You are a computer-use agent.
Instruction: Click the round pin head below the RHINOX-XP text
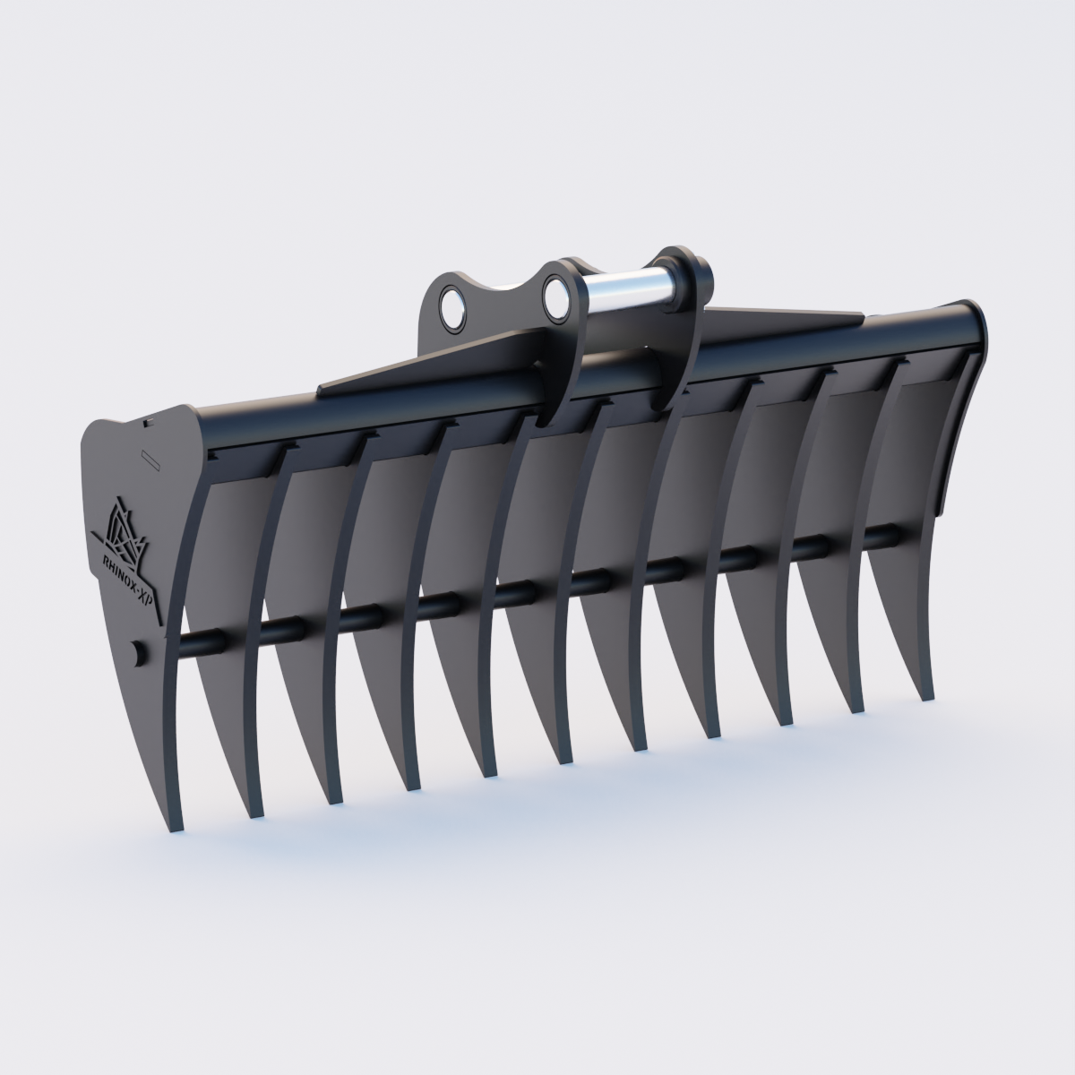pyautogui.click(x=136, y=652)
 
